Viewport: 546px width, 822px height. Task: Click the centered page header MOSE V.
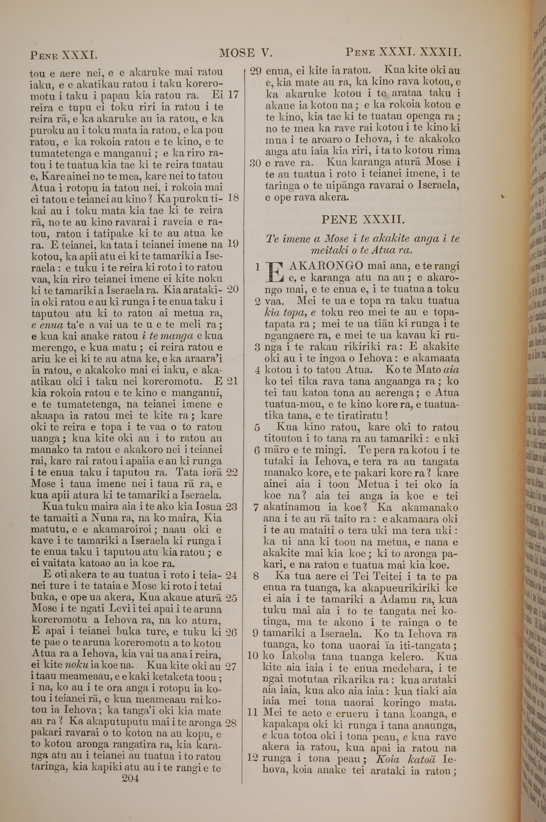245,53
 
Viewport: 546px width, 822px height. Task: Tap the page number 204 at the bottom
130,769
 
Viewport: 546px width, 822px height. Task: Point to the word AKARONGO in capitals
326,266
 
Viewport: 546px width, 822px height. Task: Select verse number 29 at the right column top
256,71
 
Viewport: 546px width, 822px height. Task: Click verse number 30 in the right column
256,163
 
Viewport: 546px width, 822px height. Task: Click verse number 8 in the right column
256,575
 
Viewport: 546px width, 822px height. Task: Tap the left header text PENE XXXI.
63,55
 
